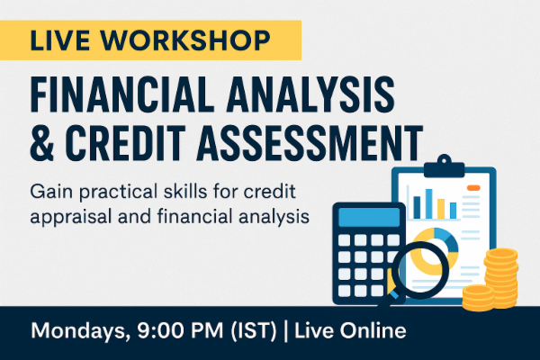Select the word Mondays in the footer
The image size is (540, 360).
(74, 330)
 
